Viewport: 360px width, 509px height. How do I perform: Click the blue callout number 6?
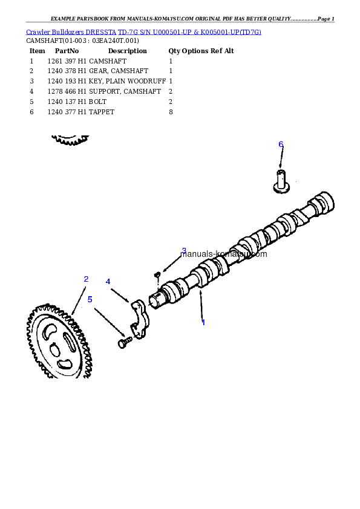pos(281,144)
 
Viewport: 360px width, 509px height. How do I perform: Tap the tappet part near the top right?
pos(281,181)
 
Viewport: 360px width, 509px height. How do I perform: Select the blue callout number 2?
pos(86,279)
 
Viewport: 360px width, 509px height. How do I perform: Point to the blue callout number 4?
pos(108,282)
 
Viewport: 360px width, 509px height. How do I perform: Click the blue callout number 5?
pos(90,299)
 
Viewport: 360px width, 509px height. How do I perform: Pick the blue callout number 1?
pos(203,322)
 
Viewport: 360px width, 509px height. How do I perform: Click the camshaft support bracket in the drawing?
pos(140,319)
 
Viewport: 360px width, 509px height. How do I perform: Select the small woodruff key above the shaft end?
pos(157,274)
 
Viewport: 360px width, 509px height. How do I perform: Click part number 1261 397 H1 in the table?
pos(67,61)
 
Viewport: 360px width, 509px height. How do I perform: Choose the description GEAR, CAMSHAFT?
pos(118,71)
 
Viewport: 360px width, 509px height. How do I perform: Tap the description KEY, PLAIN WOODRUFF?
pos(127,81)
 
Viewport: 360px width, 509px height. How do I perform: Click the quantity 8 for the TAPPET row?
pos(171,112)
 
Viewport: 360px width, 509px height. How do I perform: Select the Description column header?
pos(128,51)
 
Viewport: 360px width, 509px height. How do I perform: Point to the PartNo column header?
pos(67,51)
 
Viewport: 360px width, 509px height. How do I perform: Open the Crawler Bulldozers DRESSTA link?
pos(71,32)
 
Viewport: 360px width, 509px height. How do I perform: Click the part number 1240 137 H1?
pos(67,102)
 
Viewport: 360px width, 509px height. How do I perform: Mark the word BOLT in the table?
pos(97,102)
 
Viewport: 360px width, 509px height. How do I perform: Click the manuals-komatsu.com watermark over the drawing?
pos(223,254)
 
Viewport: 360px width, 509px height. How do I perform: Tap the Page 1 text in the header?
pos(326,19)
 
